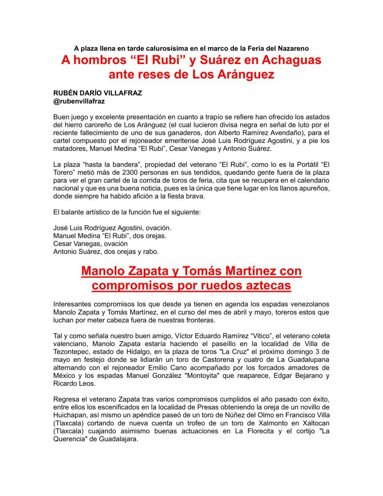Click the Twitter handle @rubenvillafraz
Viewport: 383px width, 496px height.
tap(79, 102)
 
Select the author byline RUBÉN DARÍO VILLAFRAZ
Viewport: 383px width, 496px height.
tap(97, 93)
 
